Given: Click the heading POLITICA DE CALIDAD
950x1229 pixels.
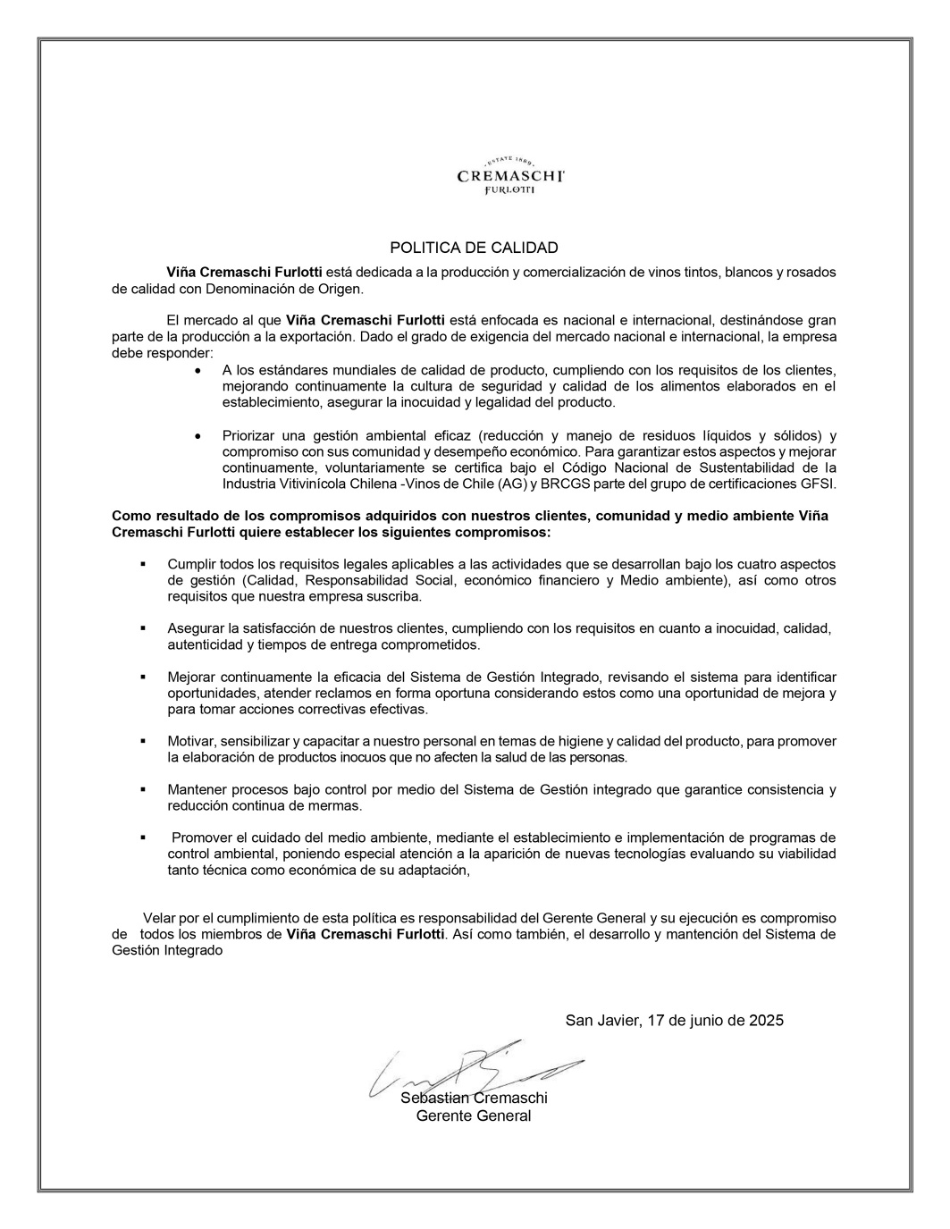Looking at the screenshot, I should [x=474, y=248].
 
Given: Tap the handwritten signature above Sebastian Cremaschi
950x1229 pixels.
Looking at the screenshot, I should [x=474, y=1068].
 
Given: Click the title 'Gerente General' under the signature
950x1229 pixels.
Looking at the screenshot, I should [x=474, y=1115].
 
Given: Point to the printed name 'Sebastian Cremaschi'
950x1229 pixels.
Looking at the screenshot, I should [x=474, y=1098].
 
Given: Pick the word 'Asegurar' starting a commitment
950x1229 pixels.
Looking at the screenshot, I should [x=195, y=628].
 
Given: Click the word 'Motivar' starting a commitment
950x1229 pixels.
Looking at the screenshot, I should [x=190, y=741].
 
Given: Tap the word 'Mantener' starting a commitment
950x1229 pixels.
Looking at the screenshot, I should [x=198, y=789].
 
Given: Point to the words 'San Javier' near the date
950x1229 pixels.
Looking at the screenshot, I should [x=601, y=1020].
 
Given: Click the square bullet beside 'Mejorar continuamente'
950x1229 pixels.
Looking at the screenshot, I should [x=142, y=677].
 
